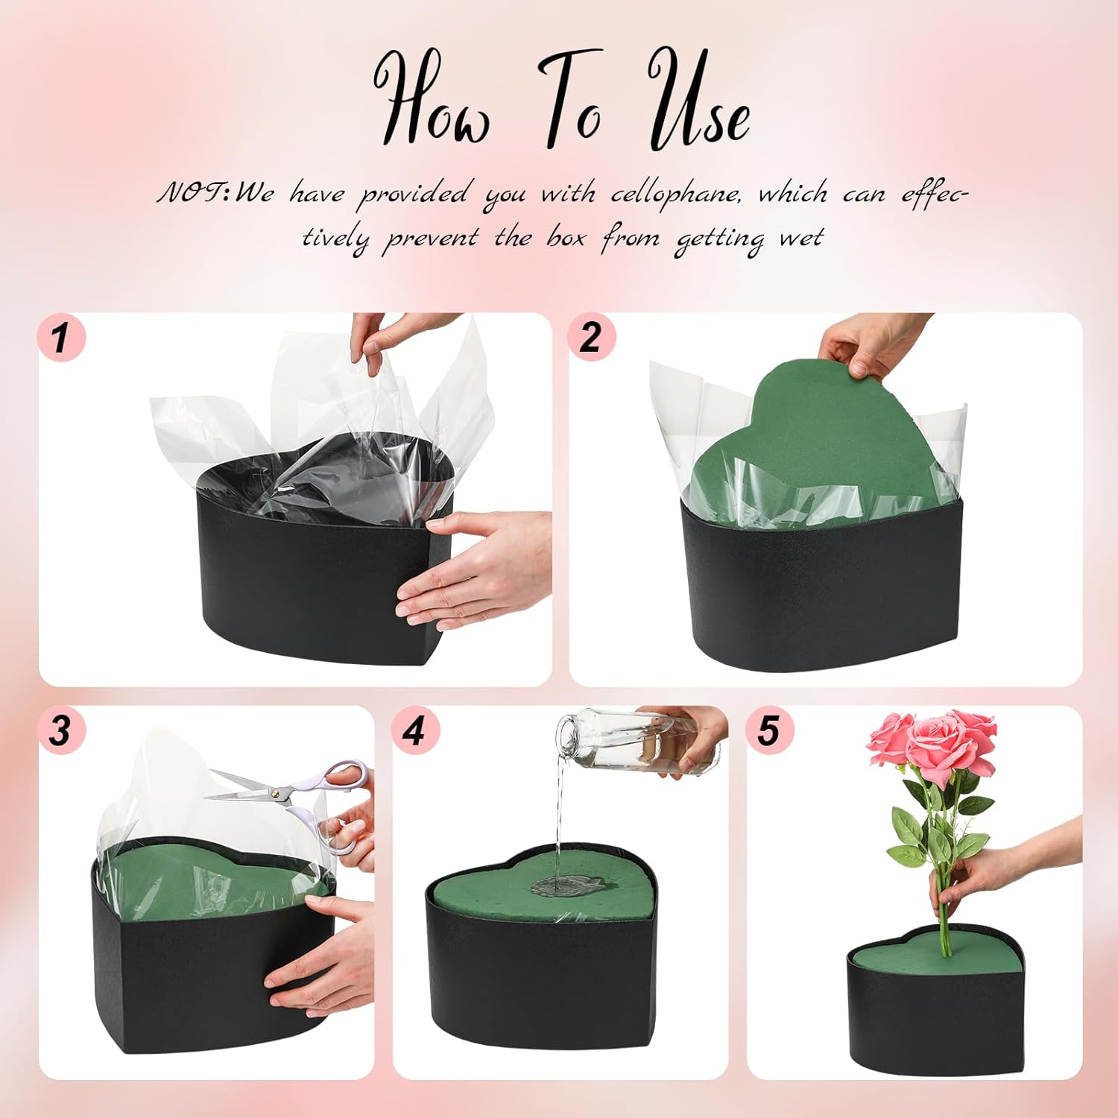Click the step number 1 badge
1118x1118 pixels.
pyautogui.click(x=61, y=337)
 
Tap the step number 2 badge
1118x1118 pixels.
pyautogui.click(x=591, y=337)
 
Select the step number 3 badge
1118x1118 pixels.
pyautogui.click(x=61, y=730)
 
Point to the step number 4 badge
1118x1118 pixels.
pyautogui.click(x=415, y=730)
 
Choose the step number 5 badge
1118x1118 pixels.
pyautogui.click(x=769, y=730)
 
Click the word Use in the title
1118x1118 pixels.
pyautogui.click(x=698, y=100)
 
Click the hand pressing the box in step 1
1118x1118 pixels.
pyautogui.click(x=477, y=570)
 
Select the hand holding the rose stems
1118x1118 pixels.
pyautogui.click(x=999, y=868)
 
